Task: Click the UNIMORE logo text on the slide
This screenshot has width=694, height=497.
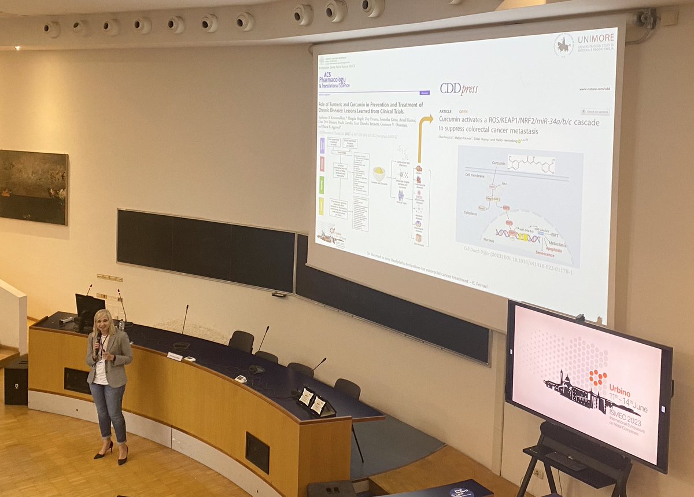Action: (x=596, y=38)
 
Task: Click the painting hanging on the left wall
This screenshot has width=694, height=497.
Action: (x=34, y=187)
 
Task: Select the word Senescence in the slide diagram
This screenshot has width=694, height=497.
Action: (x=537, y=254)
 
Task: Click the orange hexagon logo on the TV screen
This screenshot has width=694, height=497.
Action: (x=597, y=378)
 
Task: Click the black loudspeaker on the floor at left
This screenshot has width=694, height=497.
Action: (x=16, y=381)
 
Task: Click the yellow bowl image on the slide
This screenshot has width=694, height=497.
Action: (x=379, y=173)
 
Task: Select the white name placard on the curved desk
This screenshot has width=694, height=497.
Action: (x=175, y=356)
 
